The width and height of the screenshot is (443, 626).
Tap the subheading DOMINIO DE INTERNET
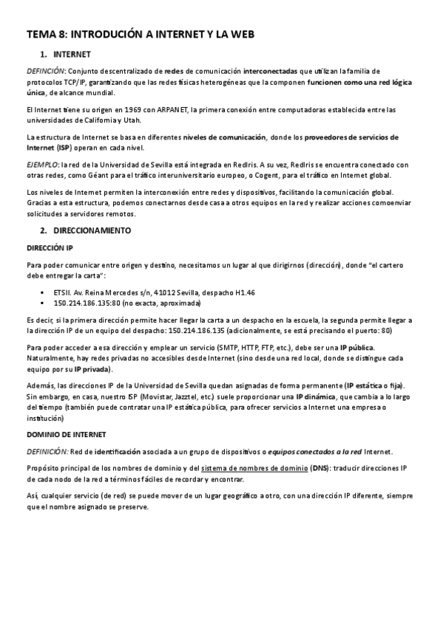[67, 434]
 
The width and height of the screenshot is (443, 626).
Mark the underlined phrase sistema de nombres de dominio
[254, 468]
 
